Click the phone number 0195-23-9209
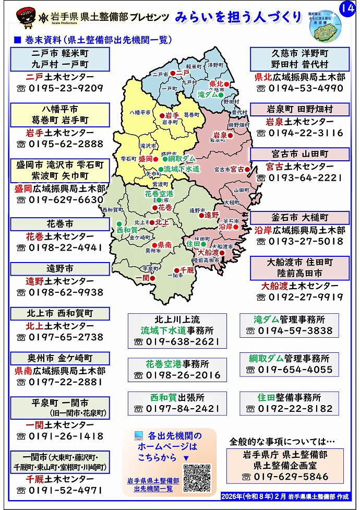tap(65, 88)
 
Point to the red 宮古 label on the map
tap(238, 169)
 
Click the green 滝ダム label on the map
tap(208, 95)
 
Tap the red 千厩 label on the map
tap(187, 269)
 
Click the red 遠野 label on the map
tap(211, 215)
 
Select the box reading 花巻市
tap(60, 224)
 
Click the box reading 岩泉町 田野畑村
tap(299, 110)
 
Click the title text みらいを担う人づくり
tap(238, 17)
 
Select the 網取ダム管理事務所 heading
tap(289, 359)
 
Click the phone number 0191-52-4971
tap(65, 490)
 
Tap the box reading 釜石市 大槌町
tap(299, 218)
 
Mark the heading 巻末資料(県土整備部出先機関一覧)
tap(97, 40)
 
